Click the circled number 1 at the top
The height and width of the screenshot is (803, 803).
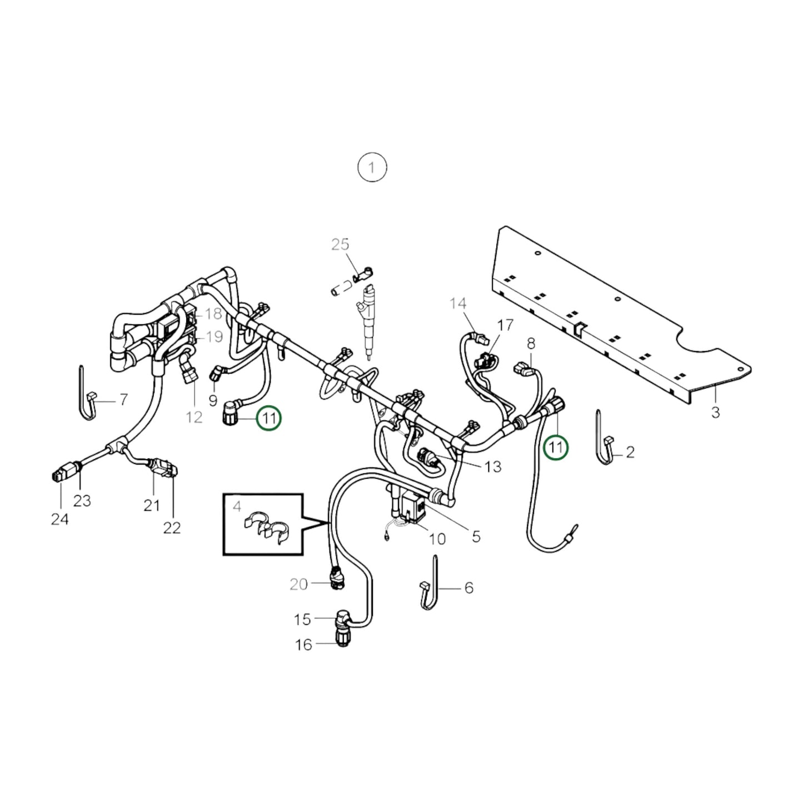[x=372, y=167]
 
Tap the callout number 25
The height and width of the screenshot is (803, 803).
[x=340, y=244]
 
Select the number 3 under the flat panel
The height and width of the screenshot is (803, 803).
[x=715, y=412]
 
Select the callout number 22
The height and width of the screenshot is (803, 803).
[x=172, y=527]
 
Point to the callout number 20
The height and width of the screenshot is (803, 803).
[x=298, y=584]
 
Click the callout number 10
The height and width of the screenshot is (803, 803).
[x=437, y=538]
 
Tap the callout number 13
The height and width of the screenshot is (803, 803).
[x=493, y=466]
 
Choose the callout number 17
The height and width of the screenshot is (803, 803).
[x=505, y=325]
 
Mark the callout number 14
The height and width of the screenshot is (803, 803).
[x=458, y=303]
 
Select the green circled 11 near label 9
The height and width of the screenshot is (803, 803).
[x=269, y=418]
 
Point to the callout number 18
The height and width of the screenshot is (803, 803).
[x=213, y=314]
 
